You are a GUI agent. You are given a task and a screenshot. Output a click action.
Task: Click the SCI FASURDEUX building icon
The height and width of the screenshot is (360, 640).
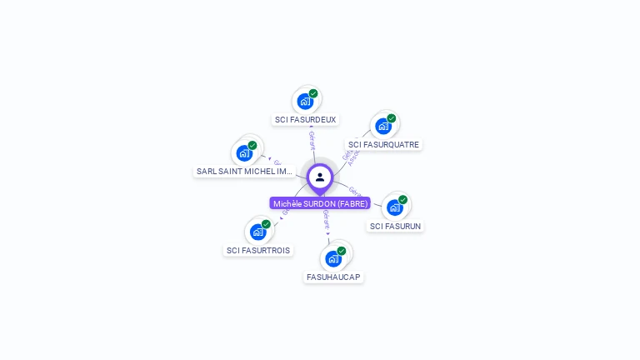point(305,101)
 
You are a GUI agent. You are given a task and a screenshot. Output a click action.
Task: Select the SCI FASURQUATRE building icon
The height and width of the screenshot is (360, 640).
point(382,126)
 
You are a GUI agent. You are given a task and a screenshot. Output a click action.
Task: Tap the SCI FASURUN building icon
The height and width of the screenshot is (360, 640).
point(394,207)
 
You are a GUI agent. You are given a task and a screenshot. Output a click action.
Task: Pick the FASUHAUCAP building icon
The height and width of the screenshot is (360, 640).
point(333,257)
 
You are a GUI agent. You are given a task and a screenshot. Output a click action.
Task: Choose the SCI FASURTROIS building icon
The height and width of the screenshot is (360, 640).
point(257,231)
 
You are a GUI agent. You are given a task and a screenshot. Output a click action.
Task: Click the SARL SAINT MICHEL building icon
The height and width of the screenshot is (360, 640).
point(244,152)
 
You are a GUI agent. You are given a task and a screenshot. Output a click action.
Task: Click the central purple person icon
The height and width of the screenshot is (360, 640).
point(320,177)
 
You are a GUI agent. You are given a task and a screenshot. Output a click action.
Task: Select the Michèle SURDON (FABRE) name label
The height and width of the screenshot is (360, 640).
point(320,203)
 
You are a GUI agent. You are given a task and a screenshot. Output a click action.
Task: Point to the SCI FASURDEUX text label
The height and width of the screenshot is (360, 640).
point(306,119)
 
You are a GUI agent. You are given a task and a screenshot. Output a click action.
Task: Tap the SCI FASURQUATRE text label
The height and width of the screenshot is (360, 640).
point(383,144)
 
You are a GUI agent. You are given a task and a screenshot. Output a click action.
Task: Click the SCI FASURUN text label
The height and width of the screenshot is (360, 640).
point(396,226)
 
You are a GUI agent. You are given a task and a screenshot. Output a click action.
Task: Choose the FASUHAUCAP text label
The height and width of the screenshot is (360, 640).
point(334,277)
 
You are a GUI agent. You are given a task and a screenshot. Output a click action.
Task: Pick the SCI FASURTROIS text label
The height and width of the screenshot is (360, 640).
point(258,250)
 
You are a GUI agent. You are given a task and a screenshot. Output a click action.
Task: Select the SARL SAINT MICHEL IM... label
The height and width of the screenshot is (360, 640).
point(245,171)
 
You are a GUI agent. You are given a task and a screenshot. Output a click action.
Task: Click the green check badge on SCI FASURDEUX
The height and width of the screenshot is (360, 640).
point(313,93)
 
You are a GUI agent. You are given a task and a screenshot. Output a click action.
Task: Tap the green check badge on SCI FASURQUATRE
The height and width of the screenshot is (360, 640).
point(391,118)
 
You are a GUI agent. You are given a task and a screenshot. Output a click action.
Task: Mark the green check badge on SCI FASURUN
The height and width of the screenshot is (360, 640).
point(402,199)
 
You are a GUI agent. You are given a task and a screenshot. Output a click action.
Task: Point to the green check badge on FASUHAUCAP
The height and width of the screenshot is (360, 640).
point(342,250)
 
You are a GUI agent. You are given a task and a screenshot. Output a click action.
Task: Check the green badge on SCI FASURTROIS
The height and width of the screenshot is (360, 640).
point(266,223)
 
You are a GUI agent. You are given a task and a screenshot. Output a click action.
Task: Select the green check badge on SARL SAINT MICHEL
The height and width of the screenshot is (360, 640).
point(252,145)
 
